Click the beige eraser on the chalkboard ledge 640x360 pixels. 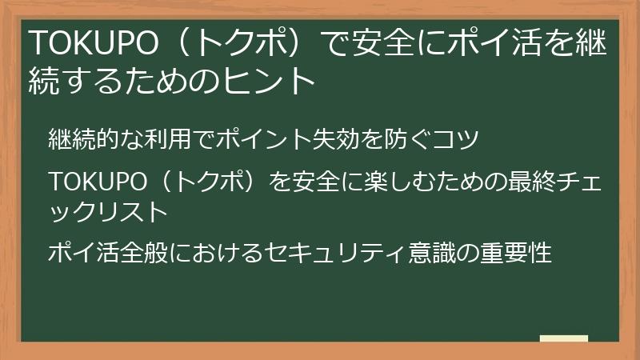coord(563,338)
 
